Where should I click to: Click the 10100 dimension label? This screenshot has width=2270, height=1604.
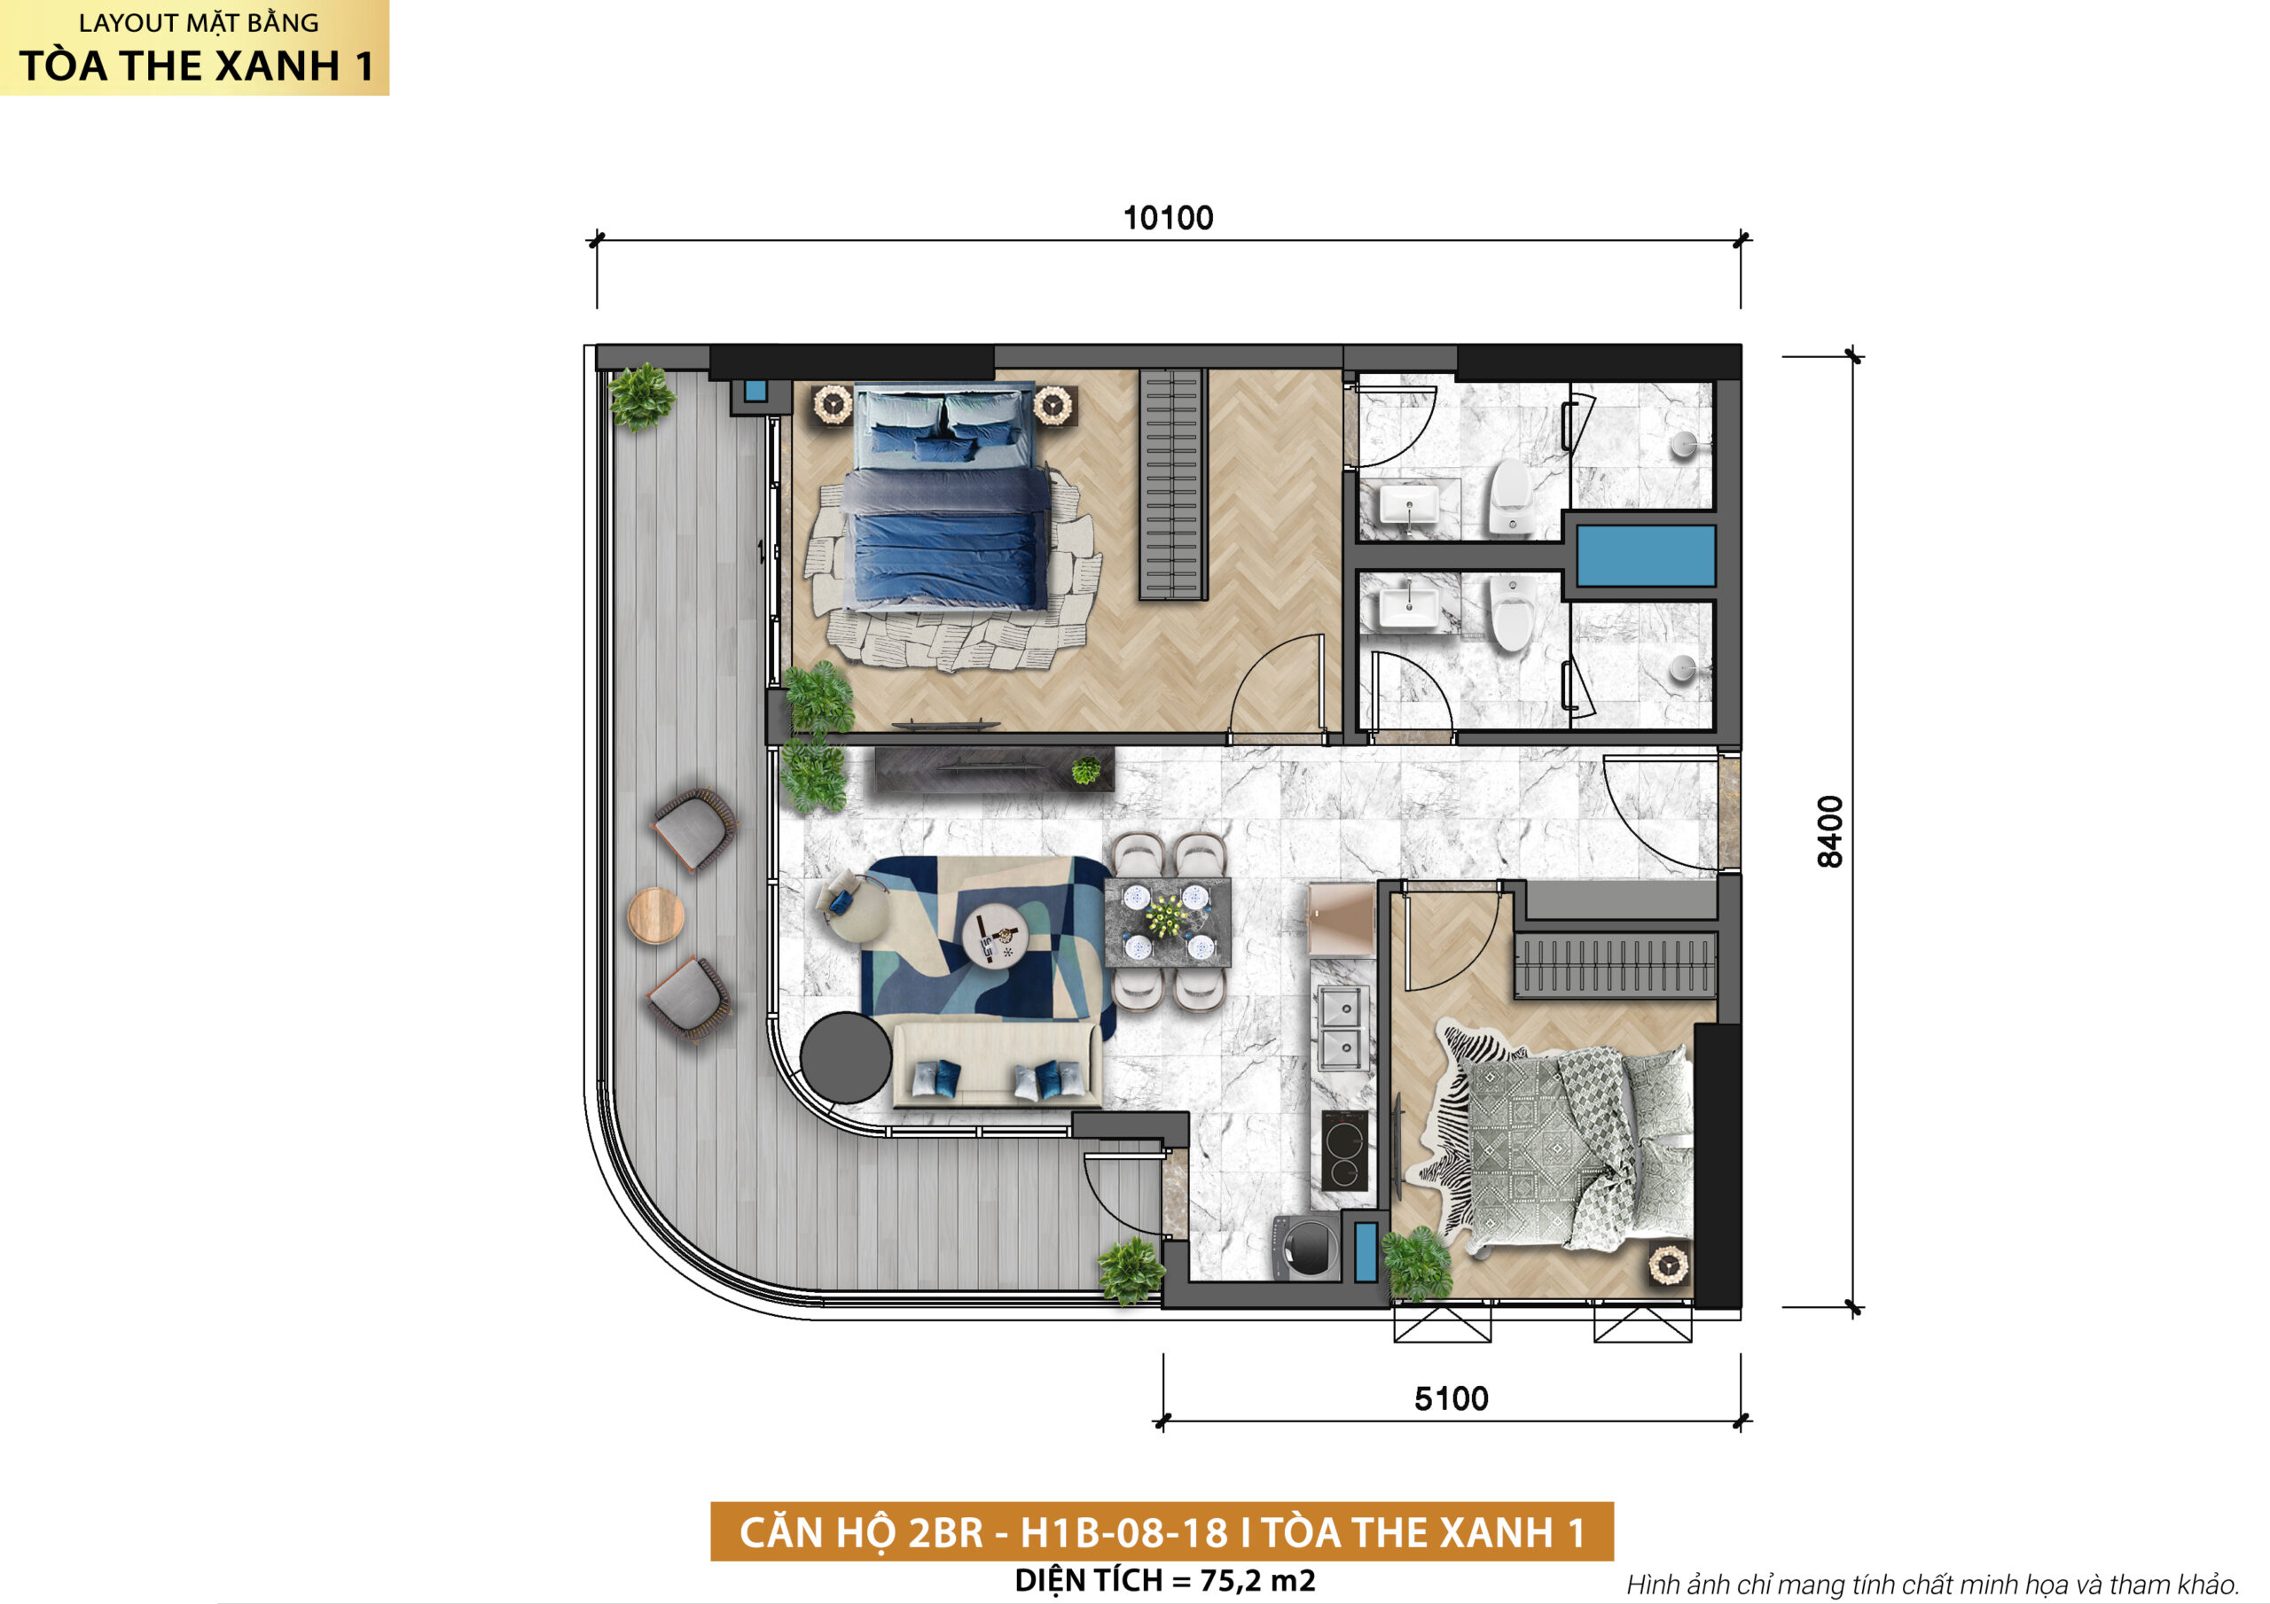point(1168,218)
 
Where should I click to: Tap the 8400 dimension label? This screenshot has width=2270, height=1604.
point(1830,831)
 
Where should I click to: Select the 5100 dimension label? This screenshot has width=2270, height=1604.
point(1452,1398)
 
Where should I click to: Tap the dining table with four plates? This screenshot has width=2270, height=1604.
point(1167,922)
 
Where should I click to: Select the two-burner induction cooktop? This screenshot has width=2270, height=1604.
point(1345,1150)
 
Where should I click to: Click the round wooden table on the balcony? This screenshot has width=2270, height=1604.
point(655,915)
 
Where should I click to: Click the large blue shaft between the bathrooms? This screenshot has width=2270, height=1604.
point(1645,556)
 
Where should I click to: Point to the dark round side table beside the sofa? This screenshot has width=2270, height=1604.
point(845,1057)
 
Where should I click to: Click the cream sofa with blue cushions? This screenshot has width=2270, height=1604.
point(997,1064)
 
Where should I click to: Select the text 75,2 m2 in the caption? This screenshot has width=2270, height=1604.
point(1257,1580)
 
